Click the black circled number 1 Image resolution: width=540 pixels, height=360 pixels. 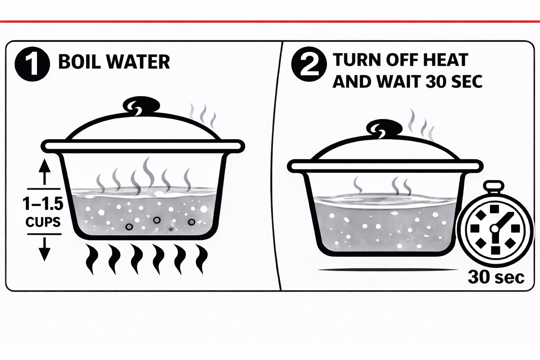coord(32,64)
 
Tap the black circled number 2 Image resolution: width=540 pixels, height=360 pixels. coord(309,64)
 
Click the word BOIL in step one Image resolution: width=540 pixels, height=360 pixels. coord(79,62)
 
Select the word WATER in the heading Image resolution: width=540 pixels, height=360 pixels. coord(138,62)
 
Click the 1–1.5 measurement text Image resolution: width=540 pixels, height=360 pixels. coord(43,204)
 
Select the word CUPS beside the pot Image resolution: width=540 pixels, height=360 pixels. coord(43,222)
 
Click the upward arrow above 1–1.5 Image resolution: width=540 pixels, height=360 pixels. coord(44,172)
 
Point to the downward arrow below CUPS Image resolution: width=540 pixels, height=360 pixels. coord(44,249)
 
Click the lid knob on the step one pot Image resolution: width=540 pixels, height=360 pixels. coord(141,105)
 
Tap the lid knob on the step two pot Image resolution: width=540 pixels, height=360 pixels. coord(384,128)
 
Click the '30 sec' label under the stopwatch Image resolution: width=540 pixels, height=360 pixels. coord(496,277)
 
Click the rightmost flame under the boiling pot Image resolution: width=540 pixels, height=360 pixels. coord(202,259)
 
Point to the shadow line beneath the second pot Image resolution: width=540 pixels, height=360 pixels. coord(388,270)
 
